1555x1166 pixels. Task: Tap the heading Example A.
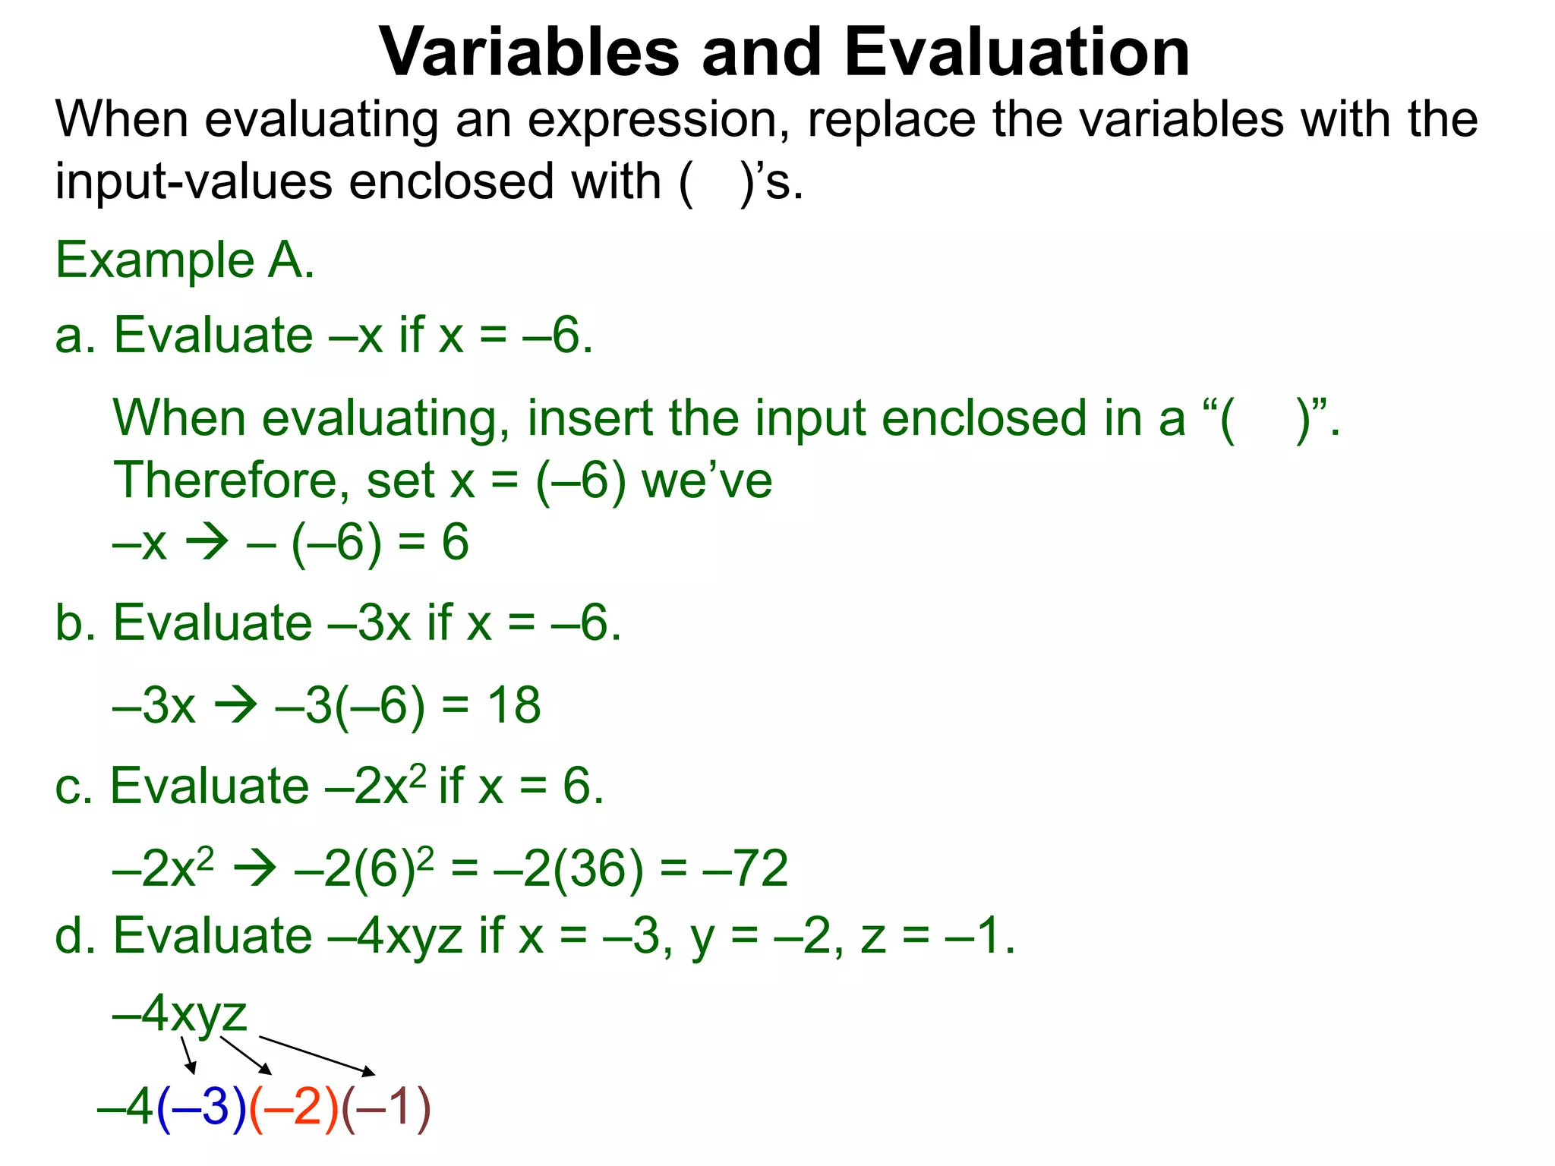(185, 260)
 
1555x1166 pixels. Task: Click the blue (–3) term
(201, 1108)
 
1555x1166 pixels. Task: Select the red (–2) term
(294, 1108)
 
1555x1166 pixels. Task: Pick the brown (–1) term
(386, 1108)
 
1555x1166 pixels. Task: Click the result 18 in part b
(513, 705)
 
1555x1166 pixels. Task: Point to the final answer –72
(746, 868)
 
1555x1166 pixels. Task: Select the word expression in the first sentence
(658, 120)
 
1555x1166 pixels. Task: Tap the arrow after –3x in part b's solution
(235, 705)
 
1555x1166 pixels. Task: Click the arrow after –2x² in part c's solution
(254, 868)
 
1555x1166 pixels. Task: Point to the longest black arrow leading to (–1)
(317, 1055)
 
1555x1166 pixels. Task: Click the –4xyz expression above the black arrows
(180, 1013)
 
